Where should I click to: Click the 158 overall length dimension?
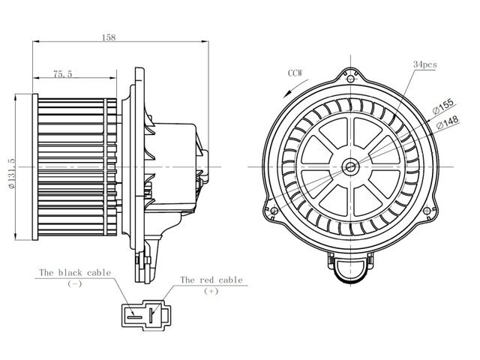coord(109,37)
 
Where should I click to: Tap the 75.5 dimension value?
coord(63,74)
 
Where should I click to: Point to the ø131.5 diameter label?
coord(12,174)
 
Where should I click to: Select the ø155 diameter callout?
coord(442,106)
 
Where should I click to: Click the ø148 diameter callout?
coord(447,121)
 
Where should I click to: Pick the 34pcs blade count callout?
coord(425,64)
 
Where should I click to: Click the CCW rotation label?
coord(295,73)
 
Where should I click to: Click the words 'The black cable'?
coord(75,272)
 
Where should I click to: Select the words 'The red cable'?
coord(211,280)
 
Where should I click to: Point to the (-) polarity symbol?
coord(74,283)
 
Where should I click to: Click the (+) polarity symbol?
coord(211,291)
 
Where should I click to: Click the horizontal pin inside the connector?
coord(135,317)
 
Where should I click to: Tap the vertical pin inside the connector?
coord(151,315)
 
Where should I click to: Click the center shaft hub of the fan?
coord(350,166)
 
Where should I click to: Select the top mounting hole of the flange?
coord(351,79)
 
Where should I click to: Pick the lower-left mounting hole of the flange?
coord(274,211)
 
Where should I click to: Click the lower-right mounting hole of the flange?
coord(427,211)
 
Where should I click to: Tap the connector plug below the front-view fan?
coord(350,267)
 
